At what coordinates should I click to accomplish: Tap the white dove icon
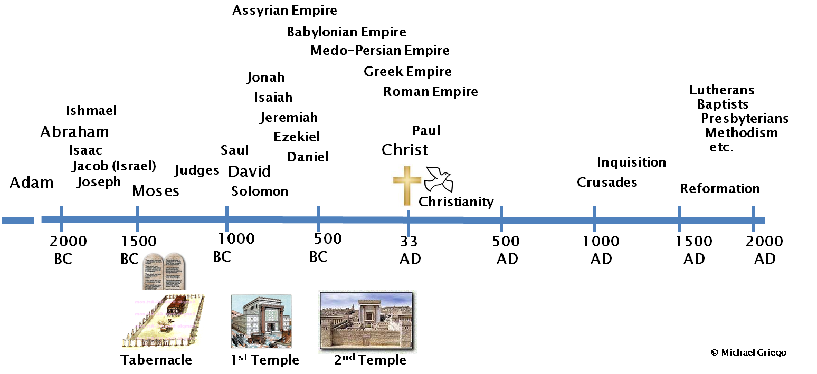point(439,179)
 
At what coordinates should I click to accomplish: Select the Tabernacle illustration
point(163,321)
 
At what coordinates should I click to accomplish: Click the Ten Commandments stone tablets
point(164,270)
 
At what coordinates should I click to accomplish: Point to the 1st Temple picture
point(261,322)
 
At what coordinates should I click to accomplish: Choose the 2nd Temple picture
point(367,321)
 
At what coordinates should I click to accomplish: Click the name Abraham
point(74,132)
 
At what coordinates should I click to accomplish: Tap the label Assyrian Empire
point(284,11)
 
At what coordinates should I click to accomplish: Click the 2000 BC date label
point(68,250)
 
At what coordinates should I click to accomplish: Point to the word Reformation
point(720,188)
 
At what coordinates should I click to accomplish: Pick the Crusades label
point(607,183)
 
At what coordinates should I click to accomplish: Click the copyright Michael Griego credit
point(748,352)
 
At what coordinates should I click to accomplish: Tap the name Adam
point(32,183)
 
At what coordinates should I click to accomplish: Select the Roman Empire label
point(431,92)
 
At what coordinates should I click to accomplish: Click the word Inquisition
point(631,162)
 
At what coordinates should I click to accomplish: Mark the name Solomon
point(260,191)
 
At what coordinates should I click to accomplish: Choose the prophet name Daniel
point(308,157)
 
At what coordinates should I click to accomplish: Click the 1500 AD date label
point(694,250)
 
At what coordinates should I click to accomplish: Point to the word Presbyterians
point(745,119)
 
